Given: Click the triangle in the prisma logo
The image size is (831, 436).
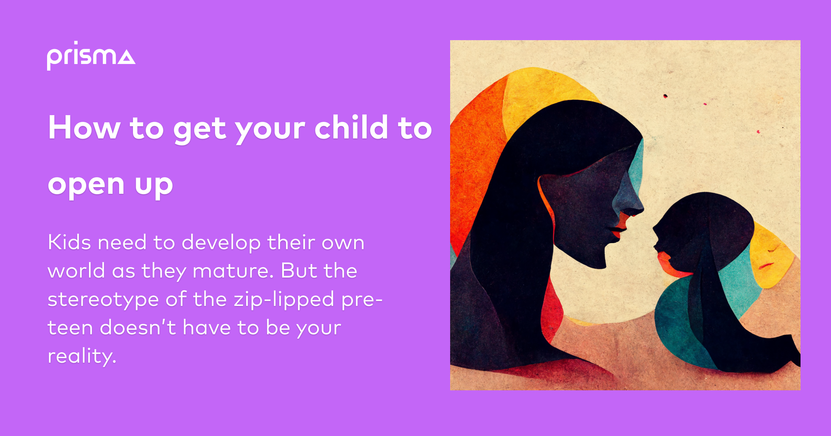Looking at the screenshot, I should click(x=126, y=57).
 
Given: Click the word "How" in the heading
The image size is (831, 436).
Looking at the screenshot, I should click(x=84, y=128).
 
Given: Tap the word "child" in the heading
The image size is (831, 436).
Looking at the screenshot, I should click(x=351, y=128).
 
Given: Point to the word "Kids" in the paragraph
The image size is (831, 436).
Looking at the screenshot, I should click(x=69, y=242).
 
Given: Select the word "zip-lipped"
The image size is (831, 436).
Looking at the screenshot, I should click(x=284, y=300).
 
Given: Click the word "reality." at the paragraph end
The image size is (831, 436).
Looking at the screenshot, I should click(x=82, y=356).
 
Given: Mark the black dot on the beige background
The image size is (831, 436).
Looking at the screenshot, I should click(x=665, y=96).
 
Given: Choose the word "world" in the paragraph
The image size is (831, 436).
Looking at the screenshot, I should click(x=76, y=271).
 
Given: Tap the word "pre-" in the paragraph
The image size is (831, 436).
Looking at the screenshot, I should click(x=362, y=300).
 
